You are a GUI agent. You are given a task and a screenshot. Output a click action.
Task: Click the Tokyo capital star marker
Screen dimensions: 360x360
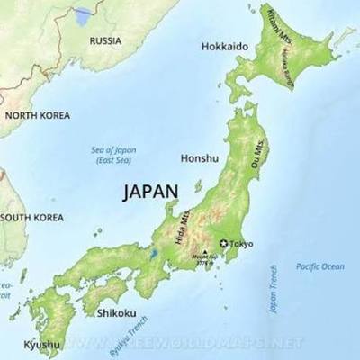tap(223, 244)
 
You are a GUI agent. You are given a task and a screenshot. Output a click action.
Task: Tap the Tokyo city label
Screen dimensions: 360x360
tap(241, 244)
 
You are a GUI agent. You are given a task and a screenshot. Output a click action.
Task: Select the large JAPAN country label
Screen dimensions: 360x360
tap(150, 191)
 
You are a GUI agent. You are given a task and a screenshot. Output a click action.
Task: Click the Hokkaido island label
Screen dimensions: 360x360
tap(224, 46)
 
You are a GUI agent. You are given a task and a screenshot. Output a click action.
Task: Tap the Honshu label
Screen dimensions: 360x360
tap(200, 158)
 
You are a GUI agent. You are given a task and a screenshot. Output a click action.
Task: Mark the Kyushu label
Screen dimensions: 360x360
tap(42, 345)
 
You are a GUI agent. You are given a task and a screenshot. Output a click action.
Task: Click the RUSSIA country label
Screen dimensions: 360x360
tap(105, 40)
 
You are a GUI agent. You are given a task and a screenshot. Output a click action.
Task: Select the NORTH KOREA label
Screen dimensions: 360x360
tap(36, 115)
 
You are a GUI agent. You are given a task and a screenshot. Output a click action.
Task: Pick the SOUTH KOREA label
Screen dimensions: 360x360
tap(32, 218)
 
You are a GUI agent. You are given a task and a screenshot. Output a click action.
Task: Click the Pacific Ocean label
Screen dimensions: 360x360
tap(319, 266)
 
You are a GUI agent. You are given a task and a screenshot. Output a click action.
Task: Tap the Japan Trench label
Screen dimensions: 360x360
tap(274, 288)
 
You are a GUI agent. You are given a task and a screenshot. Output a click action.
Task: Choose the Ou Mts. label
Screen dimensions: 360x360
tap(259, 155)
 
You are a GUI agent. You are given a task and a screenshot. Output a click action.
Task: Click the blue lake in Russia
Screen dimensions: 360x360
tap(84, 15)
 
